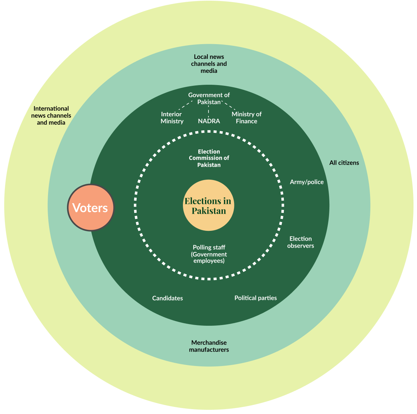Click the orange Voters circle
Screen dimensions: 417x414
91,207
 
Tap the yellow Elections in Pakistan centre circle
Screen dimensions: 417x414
208,205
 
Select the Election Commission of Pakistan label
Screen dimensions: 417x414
209,158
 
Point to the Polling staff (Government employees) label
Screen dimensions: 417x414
209,254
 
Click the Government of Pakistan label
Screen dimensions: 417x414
209,98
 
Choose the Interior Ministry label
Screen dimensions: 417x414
172,118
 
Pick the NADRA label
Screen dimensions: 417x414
209,121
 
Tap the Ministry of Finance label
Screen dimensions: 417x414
247,118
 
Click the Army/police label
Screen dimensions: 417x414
307,182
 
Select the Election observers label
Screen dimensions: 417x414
301,242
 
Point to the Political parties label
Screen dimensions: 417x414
255,298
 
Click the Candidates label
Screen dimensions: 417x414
168,298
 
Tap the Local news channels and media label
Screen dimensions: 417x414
209,64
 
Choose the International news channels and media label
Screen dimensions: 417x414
51,116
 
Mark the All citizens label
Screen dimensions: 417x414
344,163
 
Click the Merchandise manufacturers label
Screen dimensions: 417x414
209,346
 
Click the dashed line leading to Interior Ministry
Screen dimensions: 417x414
185,105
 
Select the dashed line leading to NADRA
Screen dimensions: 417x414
208,112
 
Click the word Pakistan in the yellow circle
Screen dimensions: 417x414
209,211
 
